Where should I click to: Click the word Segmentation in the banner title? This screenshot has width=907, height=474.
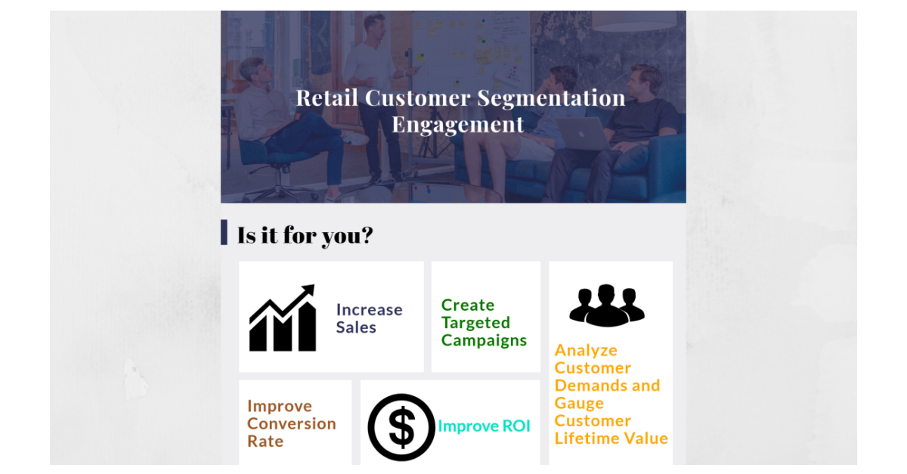pos(552,98)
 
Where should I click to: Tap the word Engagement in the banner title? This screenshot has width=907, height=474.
pos(457,125)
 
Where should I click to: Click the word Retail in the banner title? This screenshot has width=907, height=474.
pos(327,98)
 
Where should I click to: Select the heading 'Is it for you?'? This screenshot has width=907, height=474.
pos(305,235)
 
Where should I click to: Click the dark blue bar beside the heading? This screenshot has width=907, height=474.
pos(224,232)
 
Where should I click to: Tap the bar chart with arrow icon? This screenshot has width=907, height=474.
pos(282,318)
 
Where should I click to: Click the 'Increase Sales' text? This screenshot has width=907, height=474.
pos(370,318)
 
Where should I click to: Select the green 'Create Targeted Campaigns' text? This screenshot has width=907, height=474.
pos(484,323)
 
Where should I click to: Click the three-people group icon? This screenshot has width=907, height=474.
pos(607,305)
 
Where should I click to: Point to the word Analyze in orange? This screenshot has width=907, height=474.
pos(586,351)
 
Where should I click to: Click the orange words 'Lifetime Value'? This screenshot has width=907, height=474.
pos(611,438)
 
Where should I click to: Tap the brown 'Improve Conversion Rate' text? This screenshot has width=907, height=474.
pos(292,424)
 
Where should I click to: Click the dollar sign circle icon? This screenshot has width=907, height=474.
pos(401,427)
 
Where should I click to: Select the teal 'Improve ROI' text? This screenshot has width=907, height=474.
pos(484,426)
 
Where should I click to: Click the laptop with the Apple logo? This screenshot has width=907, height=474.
pos(582,134)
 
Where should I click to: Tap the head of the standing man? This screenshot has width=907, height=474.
pos(373,25)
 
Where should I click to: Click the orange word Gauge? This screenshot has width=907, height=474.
pos(579,404)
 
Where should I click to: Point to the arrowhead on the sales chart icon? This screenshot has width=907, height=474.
pos(308,290)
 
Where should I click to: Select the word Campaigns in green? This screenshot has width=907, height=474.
pos(484,341)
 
